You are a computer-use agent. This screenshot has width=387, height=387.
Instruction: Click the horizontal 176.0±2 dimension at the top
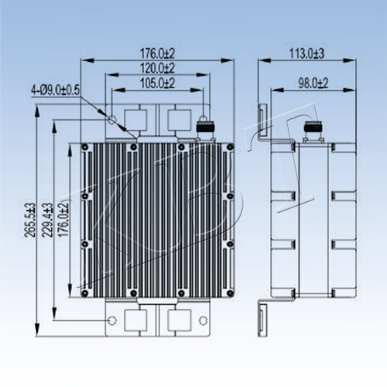click(x=157, y=53)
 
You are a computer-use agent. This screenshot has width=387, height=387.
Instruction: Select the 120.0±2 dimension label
click(x=157, y=68)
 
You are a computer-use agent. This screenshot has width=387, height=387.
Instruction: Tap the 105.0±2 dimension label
click(x=157, y=83)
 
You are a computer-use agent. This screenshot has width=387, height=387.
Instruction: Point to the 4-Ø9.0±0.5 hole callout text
click(x=56, y=91)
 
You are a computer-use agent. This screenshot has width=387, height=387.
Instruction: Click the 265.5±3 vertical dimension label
click(x=29, y=220)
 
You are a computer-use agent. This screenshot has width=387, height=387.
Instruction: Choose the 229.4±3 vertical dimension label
click(x=47, y=220)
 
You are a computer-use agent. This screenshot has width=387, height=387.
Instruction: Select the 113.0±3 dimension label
click(x=307, y=53)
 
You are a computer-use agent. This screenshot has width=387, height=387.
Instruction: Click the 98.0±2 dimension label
click(x=313, y=84)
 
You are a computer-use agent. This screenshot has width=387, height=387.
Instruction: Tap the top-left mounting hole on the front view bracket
click(x=112, y=120)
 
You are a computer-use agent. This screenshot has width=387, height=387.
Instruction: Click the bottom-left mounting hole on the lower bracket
click(x=112, y=320)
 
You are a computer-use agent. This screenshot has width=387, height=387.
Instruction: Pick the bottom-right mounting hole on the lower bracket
click(x=204, y=320)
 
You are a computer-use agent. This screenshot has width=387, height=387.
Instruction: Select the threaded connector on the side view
click(x=313, y=129)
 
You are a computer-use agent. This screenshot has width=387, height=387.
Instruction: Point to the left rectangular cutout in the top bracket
click(x=136, y=121)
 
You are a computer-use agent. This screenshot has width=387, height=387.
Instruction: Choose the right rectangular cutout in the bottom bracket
click(x=180, y=320)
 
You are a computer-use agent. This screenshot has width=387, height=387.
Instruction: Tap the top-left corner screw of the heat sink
click(x=85, y=147)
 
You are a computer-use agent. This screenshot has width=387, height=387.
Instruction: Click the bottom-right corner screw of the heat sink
click(x=230, y=293)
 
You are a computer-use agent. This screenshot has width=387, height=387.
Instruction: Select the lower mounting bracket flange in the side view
click(x=263, y=320)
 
